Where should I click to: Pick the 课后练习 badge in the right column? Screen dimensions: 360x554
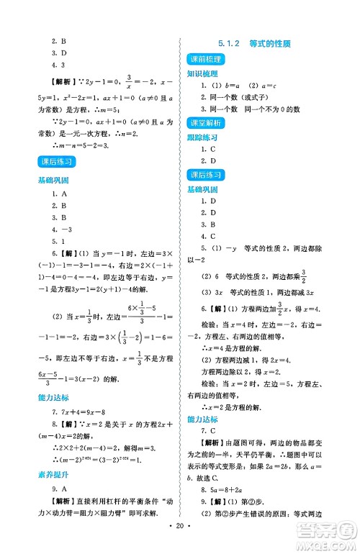(204, 175)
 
